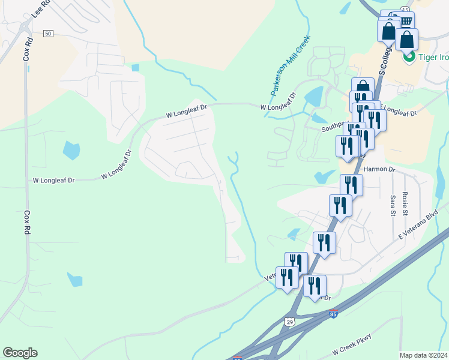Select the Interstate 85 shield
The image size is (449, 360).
click(x=333, y=314)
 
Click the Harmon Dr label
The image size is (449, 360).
click(x=379, y=170)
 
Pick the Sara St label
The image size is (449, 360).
click(x=393, y=205)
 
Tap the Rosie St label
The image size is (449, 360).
click(x=406, y=205)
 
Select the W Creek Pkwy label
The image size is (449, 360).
click(x=352, y=344)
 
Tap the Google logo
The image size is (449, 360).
click(x=20, y=353)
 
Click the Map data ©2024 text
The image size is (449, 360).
click(x=424, y=355)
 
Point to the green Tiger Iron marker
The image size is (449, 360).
click(x=410, y=57)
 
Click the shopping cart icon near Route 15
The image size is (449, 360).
click(x=406, y=22)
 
